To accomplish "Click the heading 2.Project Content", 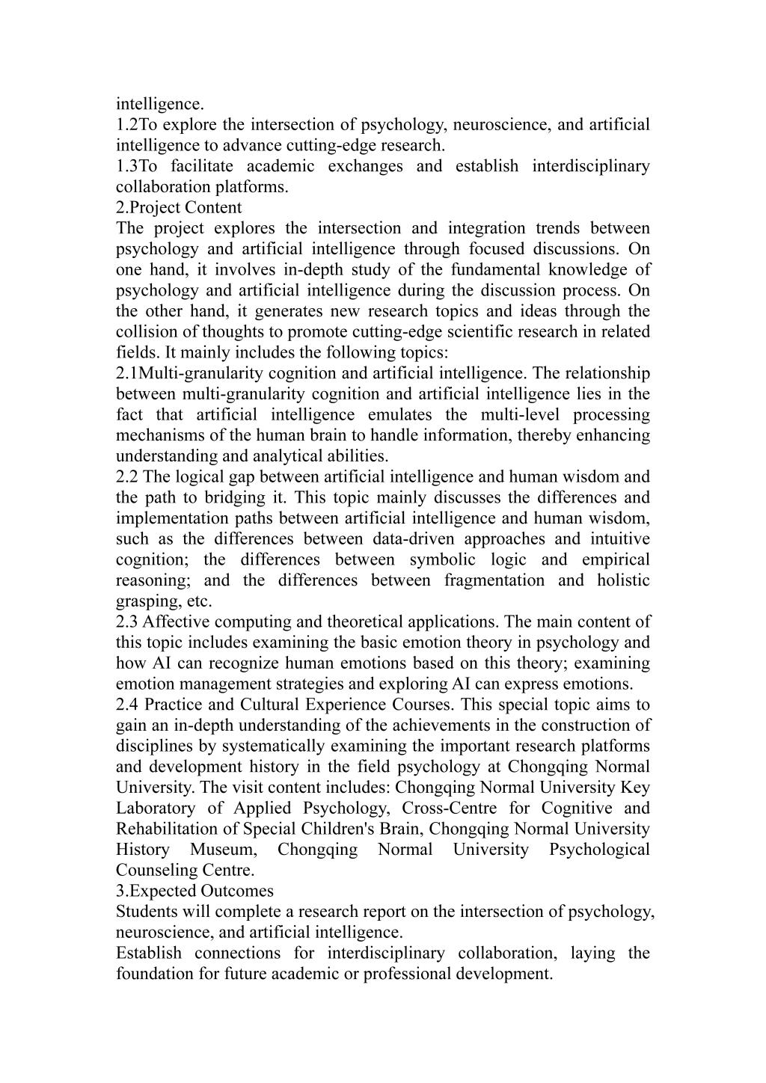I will [x=179, y=207].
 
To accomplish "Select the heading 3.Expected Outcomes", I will [x=194, y=891].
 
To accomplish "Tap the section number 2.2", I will [x=126, y=476].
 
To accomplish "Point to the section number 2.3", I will [x=126, y=622].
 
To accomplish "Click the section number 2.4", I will [x=127, y=705].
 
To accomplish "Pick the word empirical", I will [x=617, y=559].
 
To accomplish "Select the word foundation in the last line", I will [x=152, y=974].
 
